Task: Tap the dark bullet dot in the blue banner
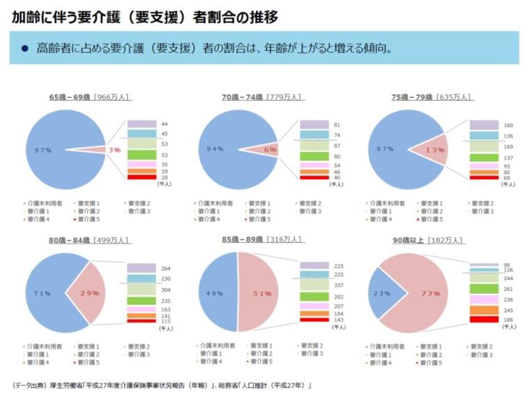pyautogui.click(x=25, y=49)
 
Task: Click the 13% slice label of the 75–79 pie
pyautogui.click(x=434, y=150)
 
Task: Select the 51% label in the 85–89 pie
pyautogui.click(x=262, y=294)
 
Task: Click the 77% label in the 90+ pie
pyautogui.click(x=429, y=293)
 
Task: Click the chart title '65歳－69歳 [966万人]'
pyautogui.click(x=90, y=98)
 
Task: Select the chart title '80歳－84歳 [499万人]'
pyautogui.click(x=89, y=240)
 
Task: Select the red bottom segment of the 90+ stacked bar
pyautogui.click(x=484, y=320)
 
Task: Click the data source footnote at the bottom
pyautogui.click(x=162, y=384)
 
